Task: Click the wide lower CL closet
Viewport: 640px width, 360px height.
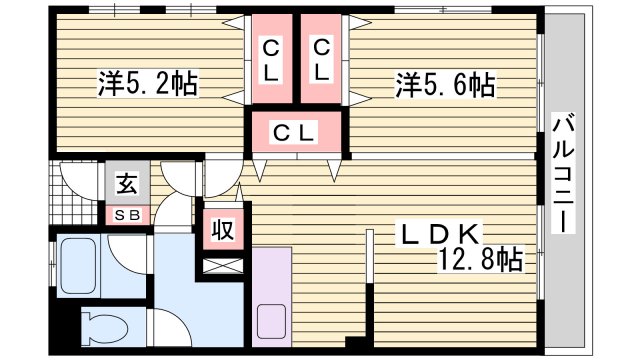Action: pos(296,131)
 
